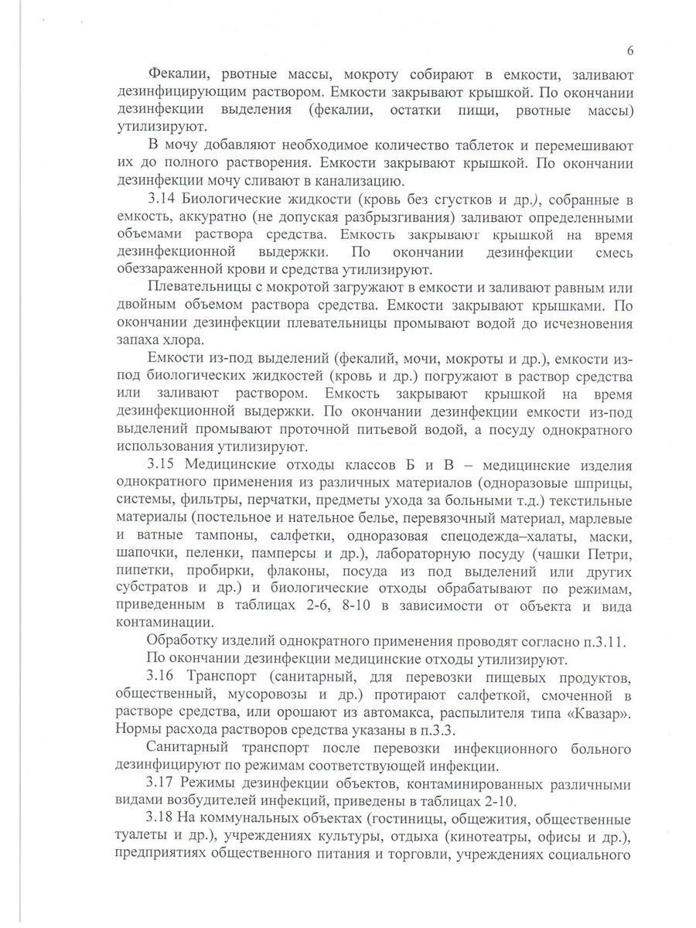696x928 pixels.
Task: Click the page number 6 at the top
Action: (x=630, y=51)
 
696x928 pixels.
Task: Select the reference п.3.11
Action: (x=599, y=642)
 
